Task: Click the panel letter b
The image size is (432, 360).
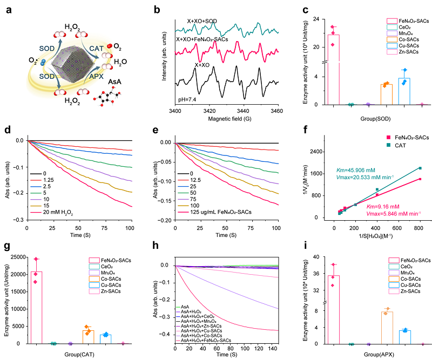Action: point(156,10)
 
